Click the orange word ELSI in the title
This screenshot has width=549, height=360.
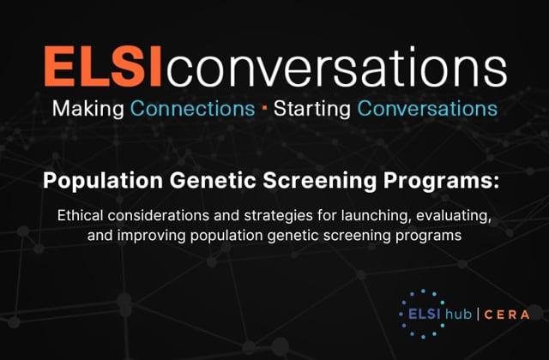coord(103,66)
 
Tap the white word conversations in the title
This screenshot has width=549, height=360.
coord(336,67)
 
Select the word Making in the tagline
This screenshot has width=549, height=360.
coord(88,109)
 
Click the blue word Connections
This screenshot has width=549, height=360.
coord(192,109)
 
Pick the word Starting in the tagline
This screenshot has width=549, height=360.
coord(312,109)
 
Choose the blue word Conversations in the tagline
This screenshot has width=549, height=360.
coord(427,109)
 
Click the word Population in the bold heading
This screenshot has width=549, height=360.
coord(103,181)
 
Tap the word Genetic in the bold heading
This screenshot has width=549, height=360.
coord(213,181)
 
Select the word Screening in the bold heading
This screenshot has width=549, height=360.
coord(319,181)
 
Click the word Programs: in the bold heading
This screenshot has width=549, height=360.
coord(441,181)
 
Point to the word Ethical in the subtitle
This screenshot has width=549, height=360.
coord(81,215)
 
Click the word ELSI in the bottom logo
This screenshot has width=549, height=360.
coord(425,315)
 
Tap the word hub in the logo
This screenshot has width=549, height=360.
coord(458,314)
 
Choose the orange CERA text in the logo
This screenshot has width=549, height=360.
coord(507,315)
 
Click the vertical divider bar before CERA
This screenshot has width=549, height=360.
coord(478,315)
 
